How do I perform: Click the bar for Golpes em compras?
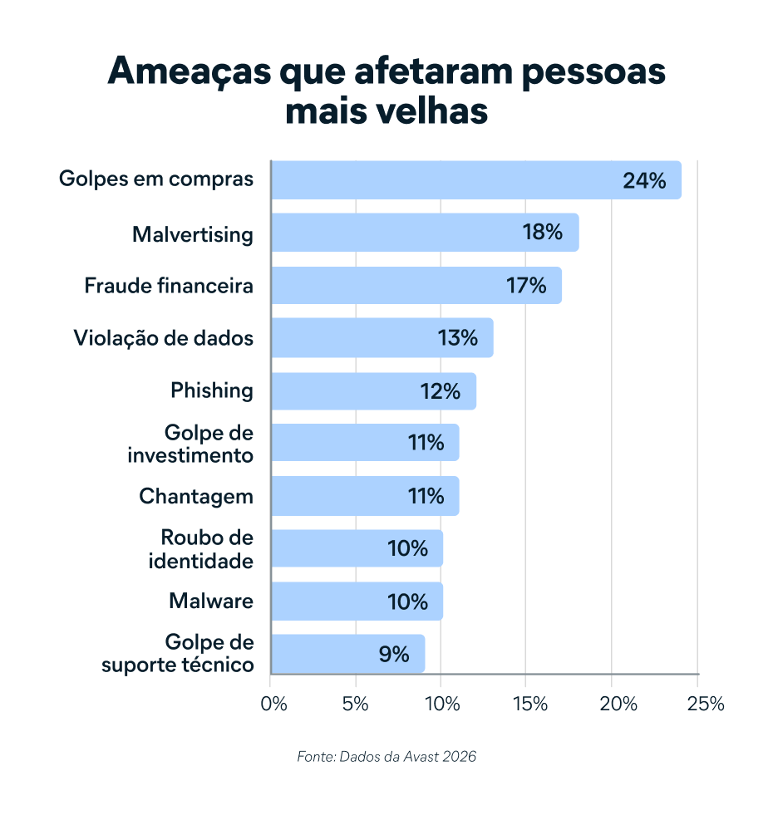click(476, 179)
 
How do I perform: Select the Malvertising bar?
click(425, 233)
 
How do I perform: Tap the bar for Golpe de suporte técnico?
click(348, 654)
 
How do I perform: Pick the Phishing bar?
click(373, 390)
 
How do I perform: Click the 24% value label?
click(644, 181)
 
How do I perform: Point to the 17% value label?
click(526, 285)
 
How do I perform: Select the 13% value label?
click(458, 338)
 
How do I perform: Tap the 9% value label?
click(394, 655)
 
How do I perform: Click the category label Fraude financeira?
click(169, 285)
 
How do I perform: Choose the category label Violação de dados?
click(164, 338)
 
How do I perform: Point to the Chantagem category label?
click(196, 496)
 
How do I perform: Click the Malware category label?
click(211, 601)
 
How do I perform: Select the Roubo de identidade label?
click(201, 549)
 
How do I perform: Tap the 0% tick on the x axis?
click(273, 704)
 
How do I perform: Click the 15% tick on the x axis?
click(529, 704)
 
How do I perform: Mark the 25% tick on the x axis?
click(706, 704)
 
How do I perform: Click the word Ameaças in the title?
click(190, 71)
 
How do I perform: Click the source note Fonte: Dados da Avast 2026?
click(386, 756)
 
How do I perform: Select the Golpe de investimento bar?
click(365, 442)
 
